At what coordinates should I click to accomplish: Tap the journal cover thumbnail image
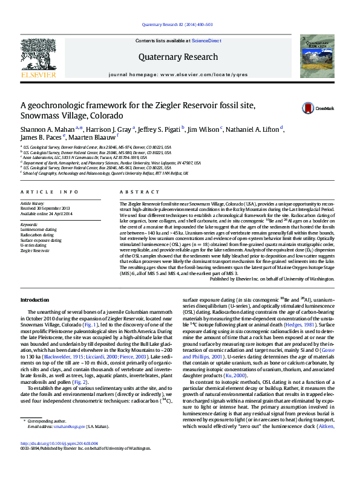(319, 56)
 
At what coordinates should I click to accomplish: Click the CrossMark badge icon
(309, 109)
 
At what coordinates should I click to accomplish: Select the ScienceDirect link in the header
(206, 40)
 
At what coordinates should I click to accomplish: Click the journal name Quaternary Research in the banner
(178, 57)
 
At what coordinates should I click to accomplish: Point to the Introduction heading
(34, 300)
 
